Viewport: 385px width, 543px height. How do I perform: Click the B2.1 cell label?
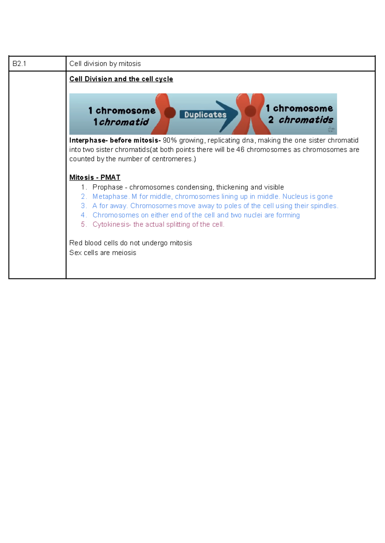pos(19,64)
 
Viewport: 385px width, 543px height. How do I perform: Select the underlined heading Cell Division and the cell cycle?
pos(121,79)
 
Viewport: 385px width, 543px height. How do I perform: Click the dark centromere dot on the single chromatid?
pos(170,113)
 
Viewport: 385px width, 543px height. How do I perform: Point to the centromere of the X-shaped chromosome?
pos(250,111)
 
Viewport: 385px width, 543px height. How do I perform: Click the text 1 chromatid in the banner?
pos(121,122)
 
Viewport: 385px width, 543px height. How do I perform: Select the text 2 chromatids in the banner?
pos(301,120)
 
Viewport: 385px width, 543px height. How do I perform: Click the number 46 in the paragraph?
pos(240,150)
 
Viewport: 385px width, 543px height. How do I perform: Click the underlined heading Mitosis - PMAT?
pos(95,178)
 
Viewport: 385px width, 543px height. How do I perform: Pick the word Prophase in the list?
pos(107,187)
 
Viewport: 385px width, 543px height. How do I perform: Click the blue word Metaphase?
pos(110,197)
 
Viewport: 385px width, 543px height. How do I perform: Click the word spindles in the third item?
pos(324,206)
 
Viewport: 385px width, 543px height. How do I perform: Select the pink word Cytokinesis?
pos(111,224)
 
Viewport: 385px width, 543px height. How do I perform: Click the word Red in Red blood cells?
pos(76,243)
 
